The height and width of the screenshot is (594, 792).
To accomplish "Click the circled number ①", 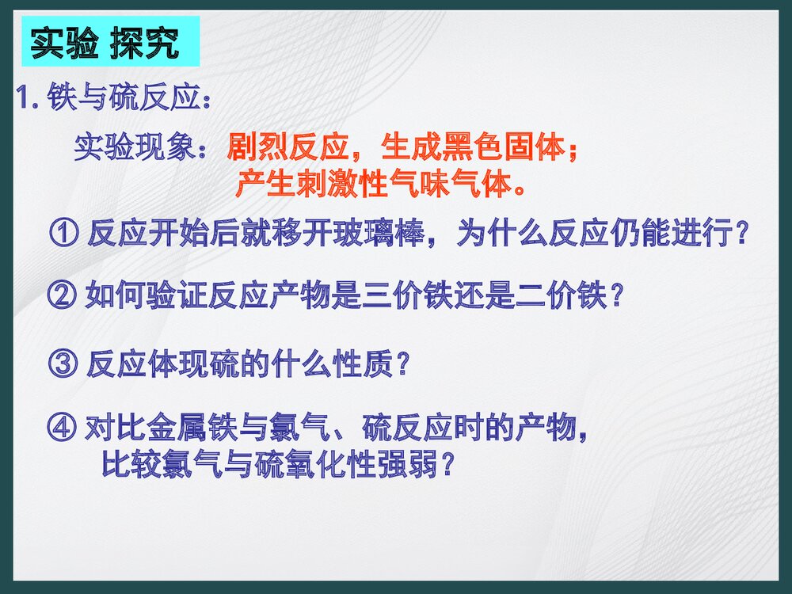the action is click(x=64, y=234).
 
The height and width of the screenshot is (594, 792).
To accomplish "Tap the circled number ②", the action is click(x=62, y=295).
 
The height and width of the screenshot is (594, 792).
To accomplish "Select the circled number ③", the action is click(x=63, y=364).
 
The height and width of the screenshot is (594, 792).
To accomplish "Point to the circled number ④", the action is click(x=62, y=428).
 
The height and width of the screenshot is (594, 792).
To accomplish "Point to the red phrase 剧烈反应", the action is click(x=288, y=147).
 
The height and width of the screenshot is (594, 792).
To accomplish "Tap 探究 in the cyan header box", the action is click(x=145, y=44).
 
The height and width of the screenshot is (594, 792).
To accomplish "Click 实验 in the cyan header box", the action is click(x=65, y=44).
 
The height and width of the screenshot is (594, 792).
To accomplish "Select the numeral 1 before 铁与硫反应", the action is click(x=23, y=97).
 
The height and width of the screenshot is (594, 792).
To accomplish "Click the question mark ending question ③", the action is click(x=402, y=364).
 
